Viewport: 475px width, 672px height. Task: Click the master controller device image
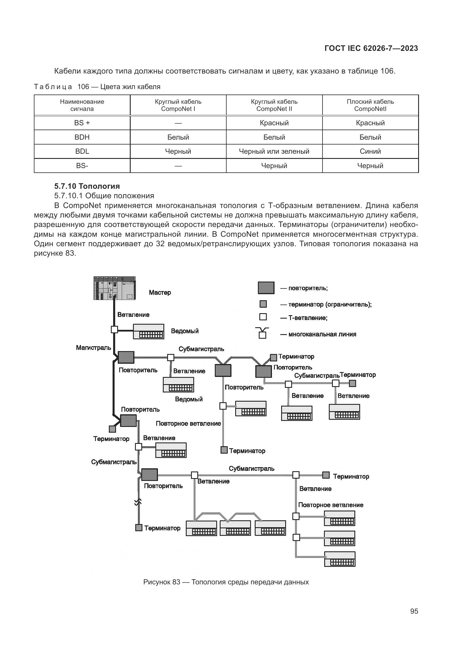114,288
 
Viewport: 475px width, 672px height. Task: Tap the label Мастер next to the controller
160,292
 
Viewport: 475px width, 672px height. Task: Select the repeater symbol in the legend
266,288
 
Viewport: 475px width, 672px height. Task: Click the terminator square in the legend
263,304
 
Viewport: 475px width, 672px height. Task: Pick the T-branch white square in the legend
263,317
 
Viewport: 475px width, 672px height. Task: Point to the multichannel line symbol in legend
262,333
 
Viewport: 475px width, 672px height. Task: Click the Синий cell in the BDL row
370,151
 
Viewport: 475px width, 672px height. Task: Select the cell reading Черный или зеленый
274,151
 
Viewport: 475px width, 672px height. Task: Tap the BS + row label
82,123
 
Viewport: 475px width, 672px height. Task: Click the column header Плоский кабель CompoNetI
370,105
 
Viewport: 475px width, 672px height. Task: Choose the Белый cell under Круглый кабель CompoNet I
178,137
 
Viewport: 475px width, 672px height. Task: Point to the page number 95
414,611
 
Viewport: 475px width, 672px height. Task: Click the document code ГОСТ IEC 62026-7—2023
371,48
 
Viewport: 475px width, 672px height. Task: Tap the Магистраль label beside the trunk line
93,348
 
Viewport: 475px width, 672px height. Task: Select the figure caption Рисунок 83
226,582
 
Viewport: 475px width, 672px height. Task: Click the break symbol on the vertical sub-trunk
138,502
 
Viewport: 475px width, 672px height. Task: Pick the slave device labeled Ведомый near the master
148,331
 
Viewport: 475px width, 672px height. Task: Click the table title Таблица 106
97,87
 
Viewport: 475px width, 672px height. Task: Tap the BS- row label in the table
82,166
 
